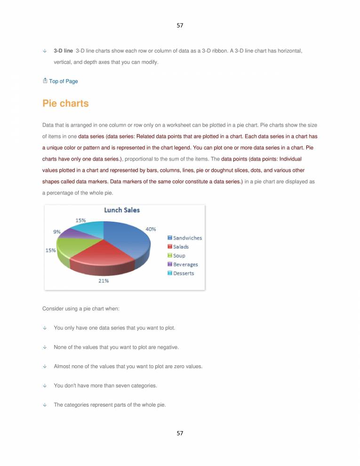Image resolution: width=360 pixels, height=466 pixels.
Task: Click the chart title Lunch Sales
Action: tap(122, 210)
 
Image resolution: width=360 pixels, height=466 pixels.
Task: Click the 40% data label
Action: tap(151, 229)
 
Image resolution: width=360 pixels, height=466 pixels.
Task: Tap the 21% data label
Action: tap(104, 281)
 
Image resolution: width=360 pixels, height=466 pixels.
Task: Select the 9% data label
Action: tap(56, 231)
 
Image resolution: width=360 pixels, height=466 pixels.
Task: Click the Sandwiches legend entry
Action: tap(184, 238)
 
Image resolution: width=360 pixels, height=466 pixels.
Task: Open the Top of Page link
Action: tap(63, 81)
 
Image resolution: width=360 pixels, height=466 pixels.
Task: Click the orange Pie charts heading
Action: tap(65, 104)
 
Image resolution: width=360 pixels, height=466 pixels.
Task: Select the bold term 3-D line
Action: tap(64, 49)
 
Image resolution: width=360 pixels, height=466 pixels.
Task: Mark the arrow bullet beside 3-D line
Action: tap(45, 50)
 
